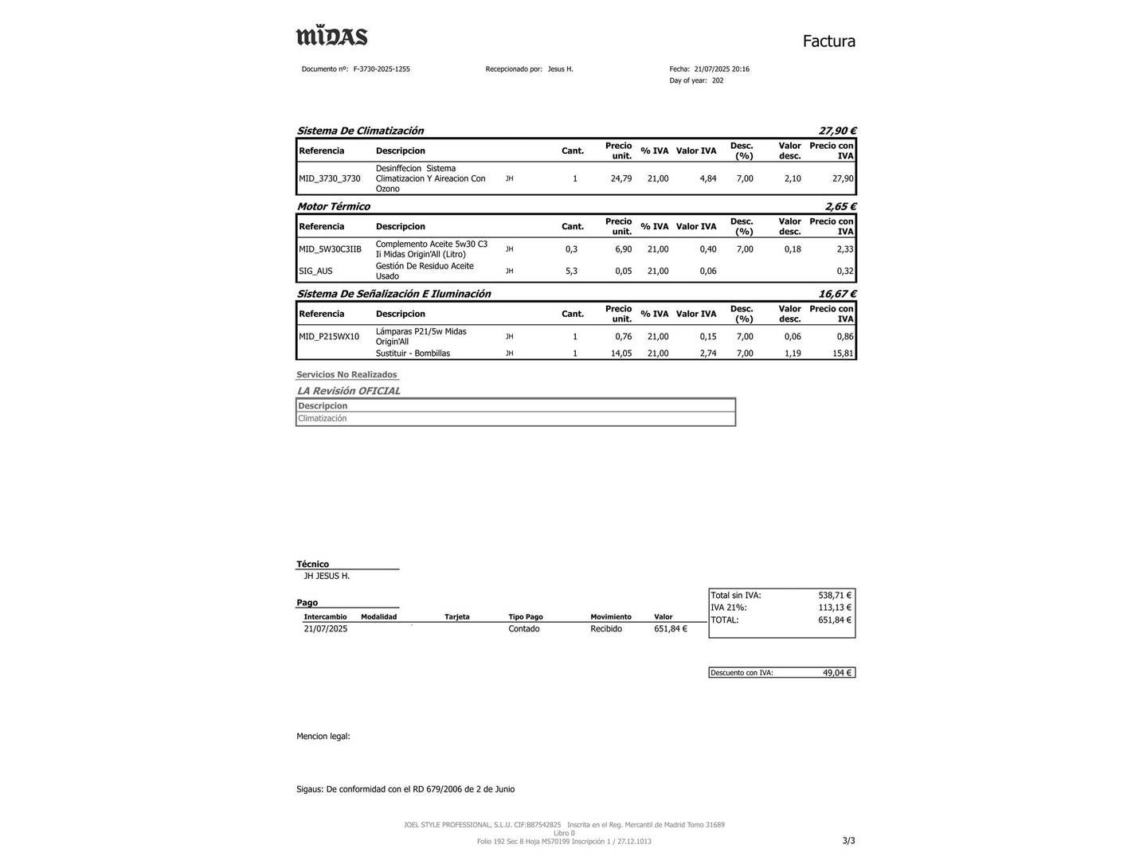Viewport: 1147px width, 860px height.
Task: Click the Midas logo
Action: click(x=331, y=37)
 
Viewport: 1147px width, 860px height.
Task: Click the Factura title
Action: click(x=828, y=41)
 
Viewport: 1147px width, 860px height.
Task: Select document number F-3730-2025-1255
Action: click(x=382, y=69)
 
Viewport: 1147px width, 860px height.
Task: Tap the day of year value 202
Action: click(x=718, y=80)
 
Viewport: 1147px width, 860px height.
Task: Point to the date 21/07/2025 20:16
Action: click(x=722, y=69)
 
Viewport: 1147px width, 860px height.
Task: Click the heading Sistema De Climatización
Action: click(x=360, y=131)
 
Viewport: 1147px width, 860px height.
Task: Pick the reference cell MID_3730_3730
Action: click(x=330, y=178)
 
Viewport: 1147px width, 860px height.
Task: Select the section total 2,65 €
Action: click(x=840, y=206)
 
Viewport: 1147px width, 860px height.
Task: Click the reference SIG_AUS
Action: click(x=315, y=271)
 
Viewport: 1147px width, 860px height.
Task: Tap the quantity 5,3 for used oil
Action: click(x=571, y=271)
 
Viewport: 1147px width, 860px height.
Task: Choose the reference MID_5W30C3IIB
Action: click(x=330, y=249)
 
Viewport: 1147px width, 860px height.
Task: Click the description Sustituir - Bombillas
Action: click(x=413, y=354)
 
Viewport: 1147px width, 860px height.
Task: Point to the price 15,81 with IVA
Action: click(x=843, y=354)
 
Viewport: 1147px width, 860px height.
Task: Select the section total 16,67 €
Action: click(x=837, y=294)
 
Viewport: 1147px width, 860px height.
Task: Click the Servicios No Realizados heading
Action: click(x=346, y=374)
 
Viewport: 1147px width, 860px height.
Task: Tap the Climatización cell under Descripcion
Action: click(x=323, y=418)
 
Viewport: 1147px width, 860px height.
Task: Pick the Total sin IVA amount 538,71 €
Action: click(x=834, y=595)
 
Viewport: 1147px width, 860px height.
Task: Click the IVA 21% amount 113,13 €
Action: click(x=834, y=608)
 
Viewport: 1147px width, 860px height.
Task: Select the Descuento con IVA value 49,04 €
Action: click(x=836, y=673)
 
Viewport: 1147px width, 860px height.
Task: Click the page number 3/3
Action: click(x=848, y=840)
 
